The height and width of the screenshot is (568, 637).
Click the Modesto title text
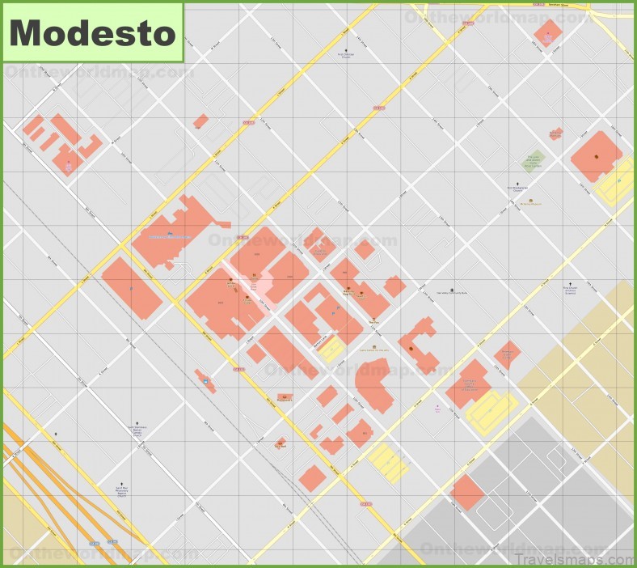point(92,32)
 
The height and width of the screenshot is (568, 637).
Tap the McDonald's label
point(284,398)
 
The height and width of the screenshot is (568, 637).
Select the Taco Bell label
point(281,444)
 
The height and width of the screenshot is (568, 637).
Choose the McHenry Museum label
point(530,203)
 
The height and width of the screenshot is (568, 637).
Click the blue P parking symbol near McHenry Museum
point(620,180)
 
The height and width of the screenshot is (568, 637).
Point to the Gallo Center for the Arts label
point(373,350)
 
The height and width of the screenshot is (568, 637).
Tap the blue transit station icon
point(205,380)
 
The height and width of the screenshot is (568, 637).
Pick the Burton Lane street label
point(323,341)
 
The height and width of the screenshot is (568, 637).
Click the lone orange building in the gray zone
point(466,492)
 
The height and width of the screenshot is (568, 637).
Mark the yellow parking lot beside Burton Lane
point(331,350)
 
